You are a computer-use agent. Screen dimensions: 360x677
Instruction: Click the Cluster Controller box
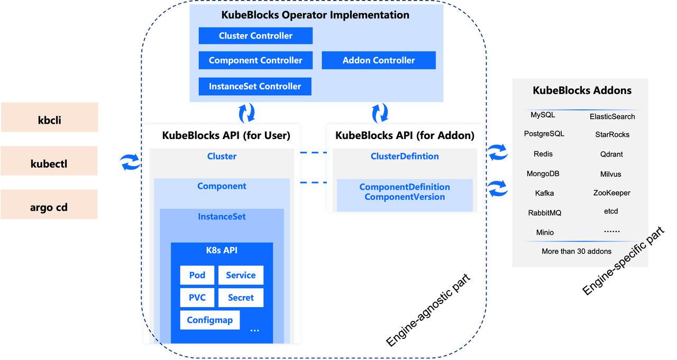tap(255, 36)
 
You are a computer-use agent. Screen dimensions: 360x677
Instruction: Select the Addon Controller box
tap(379, 60)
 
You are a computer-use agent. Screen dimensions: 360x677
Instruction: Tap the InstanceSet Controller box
tap(255, 86)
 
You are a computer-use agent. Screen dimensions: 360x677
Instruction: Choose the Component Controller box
tap(255, 60)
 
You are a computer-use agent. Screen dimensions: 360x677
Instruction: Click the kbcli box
tap(50, 120)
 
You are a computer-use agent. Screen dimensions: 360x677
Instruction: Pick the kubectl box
tap(49, 164)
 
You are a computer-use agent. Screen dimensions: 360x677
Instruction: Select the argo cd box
tap(49, 207)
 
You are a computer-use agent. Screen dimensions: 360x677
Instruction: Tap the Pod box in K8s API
tap(197, 275)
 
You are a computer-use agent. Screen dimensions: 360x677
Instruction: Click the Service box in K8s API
tap(241, 275)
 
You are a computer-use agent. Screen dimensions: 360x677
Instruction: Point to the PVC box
tap(197, 298)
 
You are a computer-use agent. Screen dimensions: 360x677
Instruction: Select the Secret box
tap(241, 298)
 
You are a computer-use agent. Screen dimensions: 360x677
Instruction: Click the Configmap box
tap(210, 320)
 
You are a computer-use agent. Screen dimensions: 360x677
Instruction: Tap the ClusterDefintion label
tap(405, 156)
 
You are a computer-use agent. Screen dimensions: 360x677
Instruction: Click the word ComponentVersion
tap(405, 197)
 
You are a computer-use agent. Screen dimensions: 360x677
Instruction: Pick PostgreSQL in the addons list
tap(544, 134)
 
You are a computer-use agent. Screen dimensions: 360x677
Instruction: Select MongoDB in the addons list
tap(543, 174)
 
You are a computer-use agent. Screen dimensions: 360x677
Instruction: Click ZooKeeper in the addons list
tap(612, 193)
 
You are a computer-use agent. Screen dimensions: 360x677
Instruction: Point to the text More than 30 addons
tap(577, 252)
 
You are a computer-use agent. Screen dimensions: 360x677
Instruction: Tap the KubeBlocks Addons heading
tap(582, 90)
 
